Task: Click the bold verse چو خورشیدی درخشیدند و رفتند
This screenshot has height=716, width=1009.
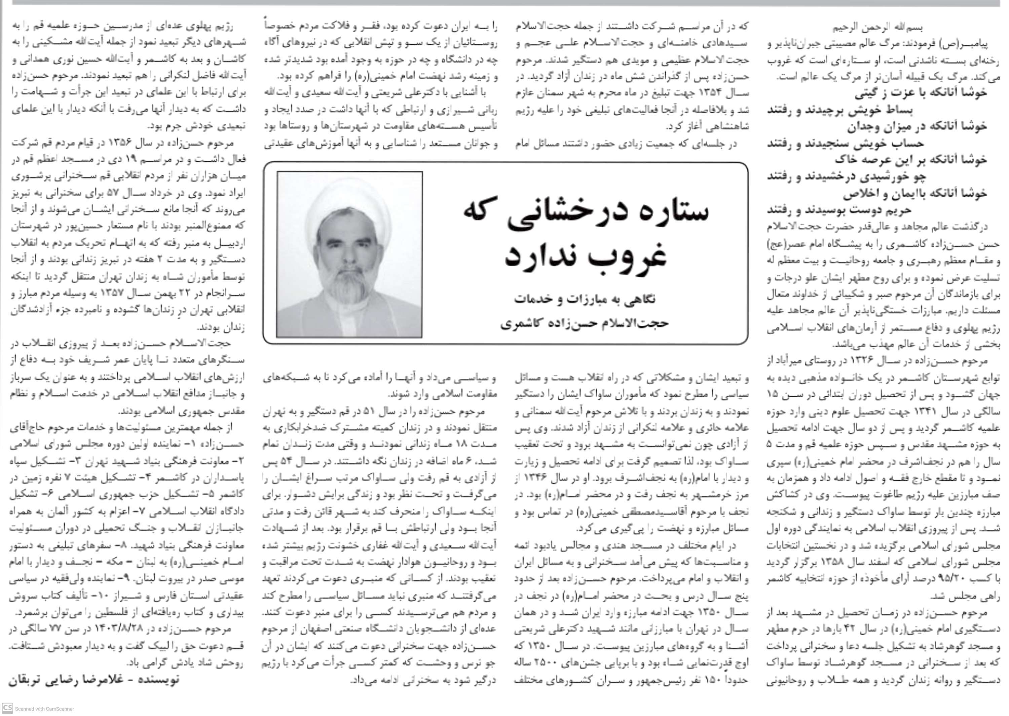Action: click(x=846, y=177)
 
